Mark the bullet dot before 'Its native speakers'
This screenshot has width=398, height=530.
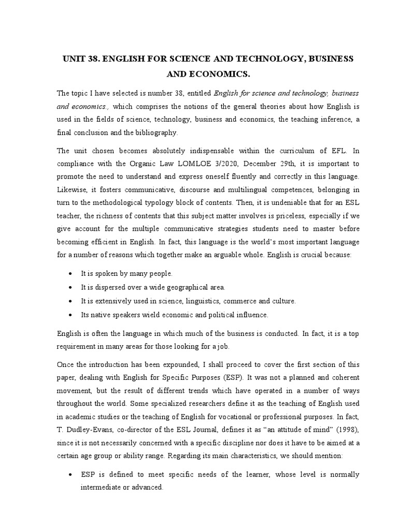(x=70, y=314)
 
